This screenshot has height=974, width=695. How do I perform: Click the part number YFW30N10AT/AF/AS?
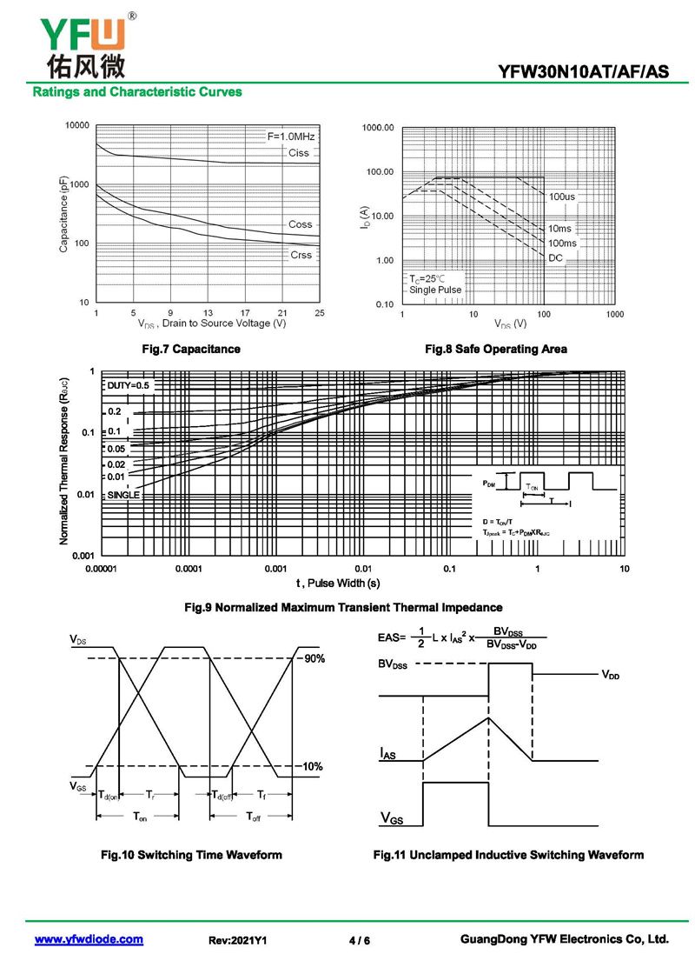584,72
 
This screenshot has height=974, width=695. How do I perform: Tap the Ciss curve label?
298,153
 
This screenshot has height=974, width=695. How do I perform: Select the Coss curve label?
300,224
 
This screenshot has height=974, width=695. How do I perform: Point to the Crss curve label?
301,255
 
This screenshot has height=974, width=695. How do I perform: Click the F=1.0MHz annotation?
291,137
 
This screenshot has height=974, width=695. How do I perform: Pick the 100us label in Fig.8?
562,197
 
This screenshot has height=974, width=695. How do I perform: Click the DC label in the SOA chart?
555,258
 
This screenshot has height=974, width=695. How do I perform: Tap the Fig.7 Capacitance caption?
191,349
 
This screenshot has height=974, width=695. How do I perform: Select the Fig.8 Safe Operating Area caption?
495,349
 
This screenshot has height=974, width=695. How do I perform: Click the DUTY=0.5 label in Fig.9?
129,384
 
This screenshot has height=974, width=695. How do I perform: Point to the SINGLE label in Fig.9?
123,494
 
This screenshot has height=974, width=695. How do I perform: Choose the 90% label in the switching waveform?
314,658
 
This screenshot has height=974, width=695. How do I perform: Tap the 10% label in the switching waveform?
313,766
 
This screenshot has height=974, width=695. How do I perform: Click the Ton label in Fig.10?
139,817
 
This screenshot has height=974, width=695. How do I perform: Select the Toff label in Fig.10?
253,817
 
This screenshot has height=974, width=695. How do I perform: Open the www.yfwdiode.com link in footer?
89,939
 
